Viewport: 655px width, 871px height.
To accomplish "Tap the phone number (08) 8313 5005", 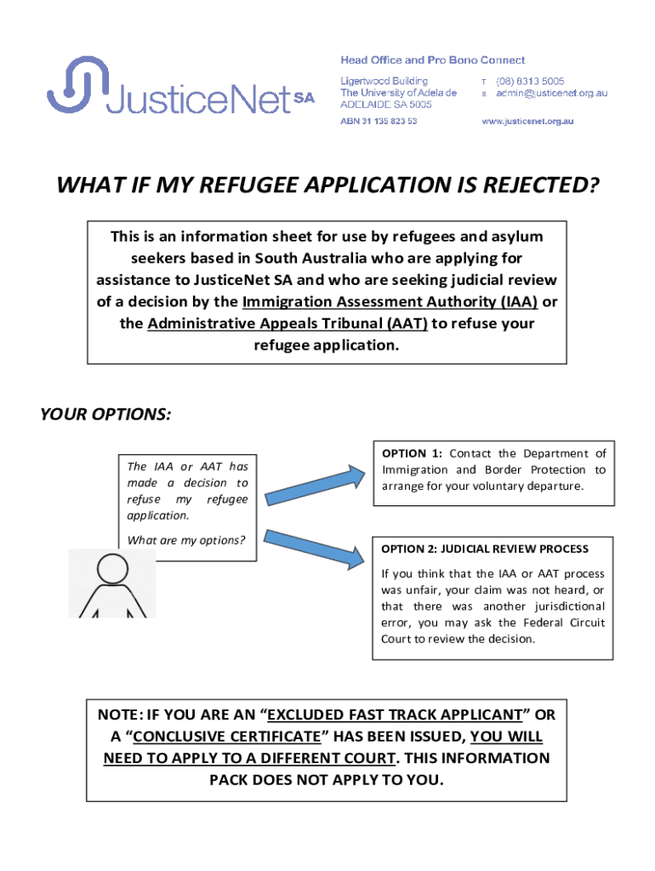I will point(530,82).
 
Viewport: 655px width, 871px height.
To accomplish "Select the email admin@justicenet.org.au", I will point(551,93).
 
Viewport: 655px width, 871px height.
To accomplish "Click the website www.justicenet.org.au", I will point(527,122).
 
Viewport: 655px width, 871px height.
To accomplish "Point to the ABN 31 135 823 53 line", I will point(379,122).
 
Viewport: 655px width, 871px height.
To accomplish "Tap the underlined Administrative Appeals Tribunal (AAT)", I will point(288,324).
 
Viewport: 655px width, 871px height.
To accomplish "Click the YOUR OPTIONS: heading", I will point(105,414).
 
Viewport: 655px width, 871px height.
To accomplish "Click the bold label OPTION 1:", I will point(412,453).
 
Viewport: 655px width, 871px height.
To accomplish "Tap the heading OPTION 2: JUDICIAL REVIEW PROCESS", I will point(484,549).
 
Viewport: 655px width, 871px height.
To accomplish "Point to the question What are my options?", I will point(185,540).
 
